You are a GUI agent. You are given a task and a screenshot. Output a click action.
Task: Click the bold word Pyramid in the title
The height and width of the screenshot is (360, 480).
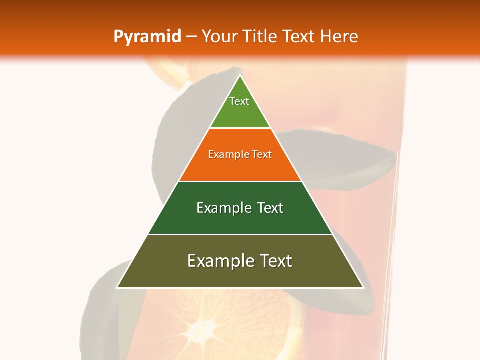tap(147, 37)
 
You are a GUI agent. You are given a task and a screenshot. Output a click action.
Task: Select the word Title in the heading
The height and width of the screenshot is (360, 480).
tap(261, 36)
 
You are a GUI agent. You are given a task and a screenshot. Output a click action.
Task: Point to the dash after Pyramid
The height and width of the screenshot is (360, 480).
tap(191, 37)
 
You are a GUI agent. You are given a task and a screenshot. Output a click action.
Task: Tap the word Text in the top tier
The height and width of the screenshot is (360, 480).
tap(239, 101)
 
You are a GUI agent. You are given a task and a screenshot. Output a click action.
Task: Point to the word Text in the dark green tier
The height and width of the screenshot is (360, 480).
tap(270, 208)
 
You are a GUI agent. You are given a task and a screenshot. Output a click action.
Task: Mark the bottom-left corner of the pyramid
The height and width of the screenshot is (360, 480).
tap(117, 287)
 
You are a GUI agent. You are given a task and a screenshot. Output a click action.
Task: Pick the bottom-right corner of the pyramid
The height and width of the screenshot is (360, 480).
tap(363, 287)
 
